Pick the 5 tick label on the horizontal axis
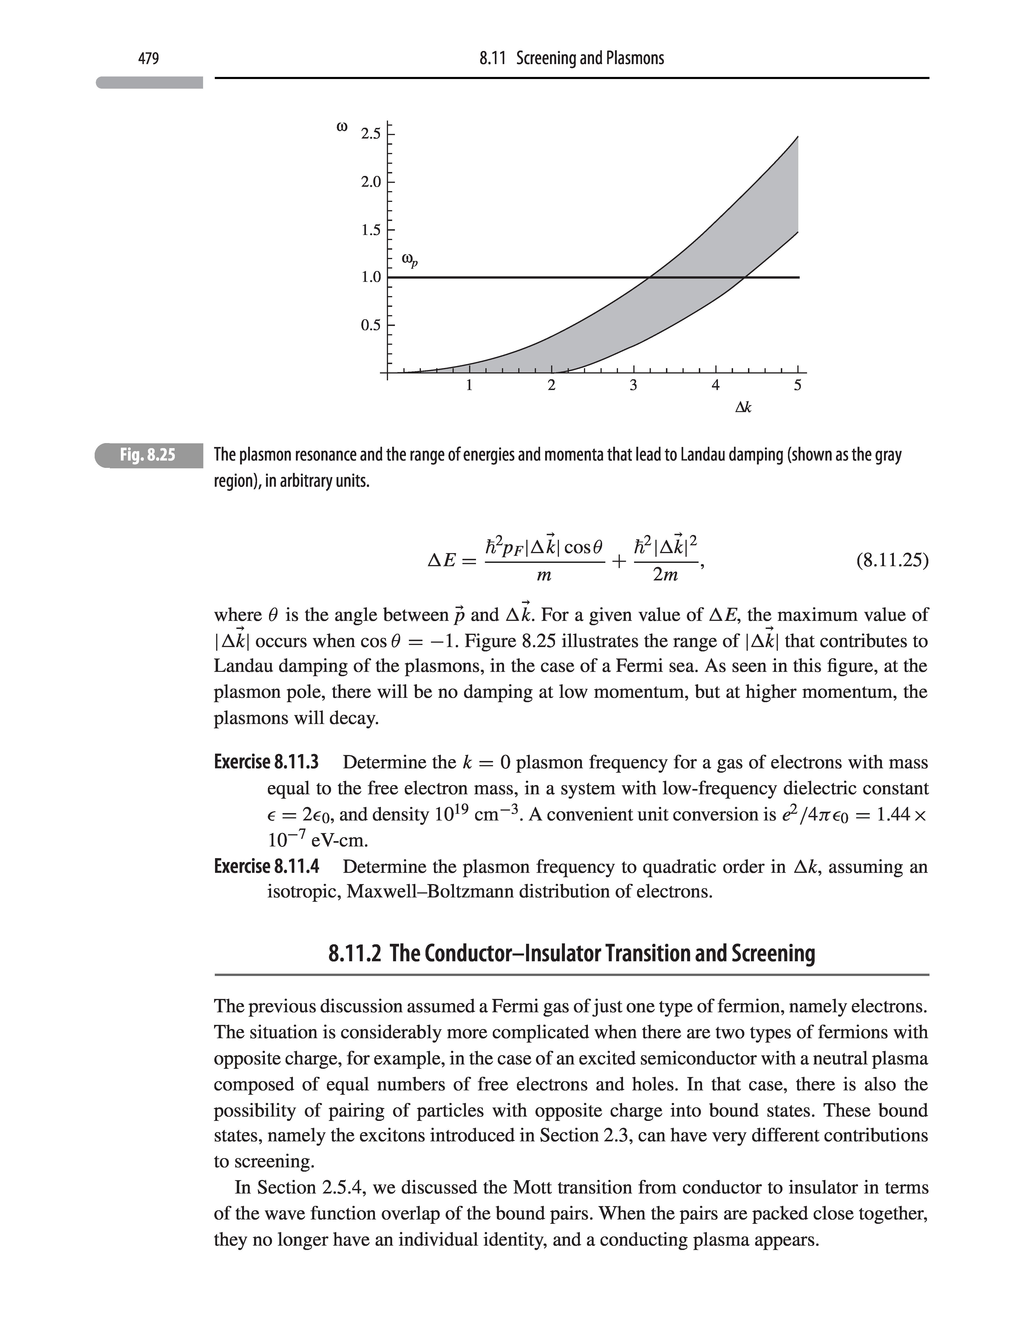click(x=798, y=385)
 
